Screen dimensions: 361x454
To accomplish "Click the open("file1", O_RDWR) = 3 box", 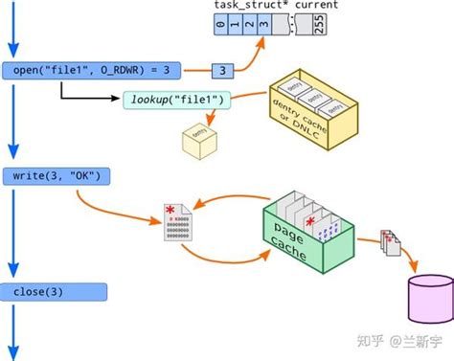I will [92, 71].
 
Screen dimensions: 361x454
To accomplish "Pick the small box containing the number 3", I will [223, 71].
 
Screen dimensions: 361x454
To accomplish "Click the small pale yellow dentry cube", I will [197, 141].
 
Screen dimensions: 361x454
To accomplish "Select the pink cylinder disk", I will [427, 298].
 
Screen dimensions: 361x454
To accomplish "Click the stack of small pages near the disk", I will [390, 243].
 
